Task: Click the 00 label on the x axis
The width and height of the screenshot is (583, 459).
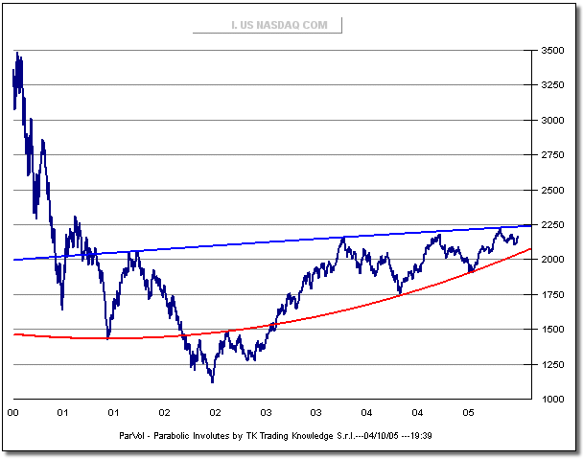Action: (x=12, y=413)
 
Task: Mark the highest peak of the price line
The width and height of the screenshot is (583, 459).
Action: (x=17, y=54)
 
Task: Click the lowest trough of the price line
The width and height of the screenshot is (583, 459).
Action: (x=212, y=381)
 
